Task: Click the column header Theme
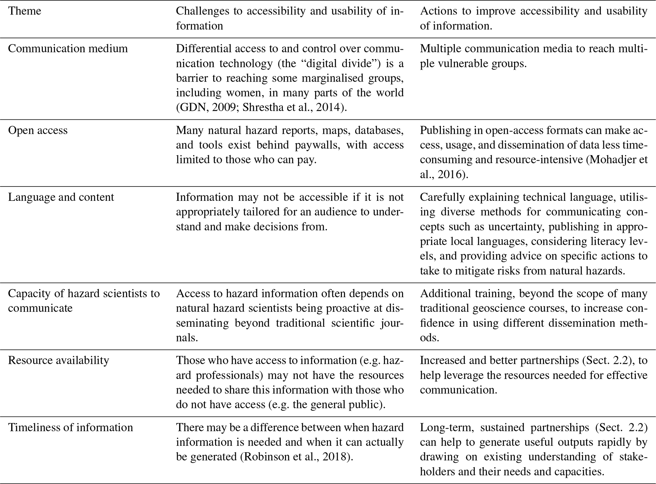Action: (24, 11)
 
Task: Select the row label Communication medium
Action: (68, 49)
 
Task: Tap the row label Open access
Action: (37, 130)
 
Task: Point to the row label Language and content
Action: (61, 197)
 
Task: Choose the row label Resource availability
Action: (58, 360)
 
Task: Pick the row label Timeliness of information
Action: (70, 427)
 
